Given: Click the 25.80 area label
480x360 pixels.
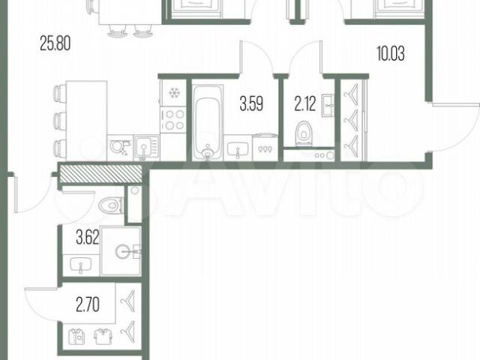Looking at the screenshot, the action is (x=55, y=43).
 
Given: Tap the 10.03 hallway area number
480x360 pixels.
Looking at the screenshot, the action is (x=391, y=53).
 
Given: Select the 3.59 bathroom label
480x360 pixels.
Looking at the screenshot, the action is (x=251, y=103).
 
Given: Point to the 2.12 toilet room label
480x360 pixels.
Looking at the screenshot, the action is (x=305, y=103).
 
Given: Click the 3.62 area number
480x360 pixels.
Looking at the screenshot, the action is (x=88, y=238).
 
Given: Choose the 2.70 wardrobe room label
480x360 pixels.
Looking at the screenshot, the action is (x=88, y=305).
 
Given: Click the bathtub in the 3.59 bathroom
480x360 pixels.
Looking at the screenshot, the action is (x=208, y=122).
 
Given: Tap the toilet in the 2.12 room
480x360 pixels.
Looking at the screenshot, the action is (x=304, y=133).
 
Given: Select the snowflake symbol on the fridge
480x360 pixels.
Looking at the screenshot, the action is (x=174, y=92).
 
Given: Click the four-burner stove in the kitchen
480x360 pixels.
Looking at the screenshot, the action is (x=173, y=120).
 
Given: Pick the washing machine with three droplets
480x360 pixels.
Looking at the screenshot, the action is (x=265, y=147).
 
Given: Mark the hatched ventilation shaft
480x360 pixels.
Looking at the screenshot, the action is (x=100, y=173).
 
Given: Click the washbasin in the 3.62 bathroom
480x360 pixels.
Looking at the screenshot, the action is (x=80, y=265).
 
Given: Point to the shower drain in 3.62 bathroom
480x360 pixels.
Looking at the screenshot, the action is (x=122, y=252).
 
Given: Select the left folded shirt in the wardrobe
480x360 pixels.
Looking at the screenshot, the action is (x=76, y=337).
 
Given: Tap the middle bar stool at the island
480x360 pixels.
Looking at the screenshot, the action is (x=59, y=121).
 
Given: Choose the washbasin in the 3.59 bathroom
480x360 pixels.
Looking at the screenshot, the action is (x=238, y=150).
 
